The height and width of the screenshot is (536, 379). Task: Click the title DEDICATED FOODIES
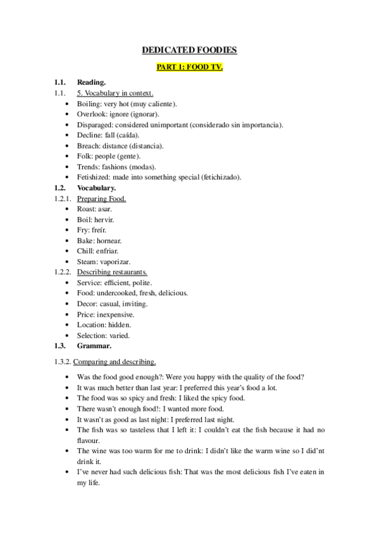point(189,50)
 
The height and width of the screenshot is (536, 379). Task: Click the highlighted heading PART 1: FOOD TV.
point(189,66)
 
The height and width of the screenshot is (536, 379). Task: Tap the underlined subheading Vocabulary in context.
point(119,93)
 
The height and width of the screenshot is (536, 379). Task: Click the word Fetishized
point(94,177)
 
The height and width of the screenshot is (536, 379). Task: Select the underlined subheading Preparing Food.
point(101,198)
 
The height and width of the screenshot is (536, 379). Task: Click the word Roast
point(87,209)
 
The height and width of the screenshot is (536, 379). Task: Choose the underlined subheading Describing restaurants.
point(112,272)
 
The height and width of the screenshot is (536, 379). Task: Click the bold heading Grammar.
point(94,346)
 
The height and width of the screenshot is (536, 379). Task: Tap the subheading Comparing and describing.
point(115,362)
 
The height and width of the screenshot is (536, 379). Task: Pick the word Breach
point(89,145)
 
